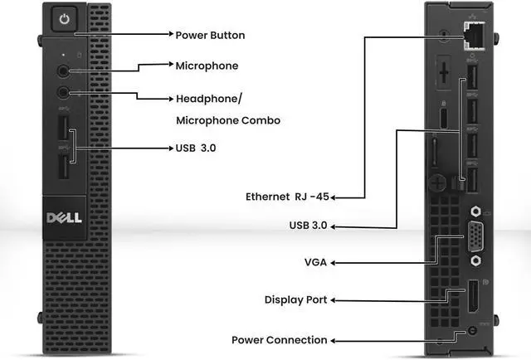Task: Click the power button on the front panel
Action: pyautogui.click(x=68, y=18)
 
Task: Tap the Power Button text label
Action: pyautogui.click(x=210, y=36)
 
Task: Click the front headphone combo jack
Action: pyautogui.click(x=65, y=94)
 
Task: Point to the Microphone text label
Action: pyautogui.click(x=207, y=66)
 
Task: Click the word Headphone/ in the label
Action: pyautogui.click(x=209, y=99)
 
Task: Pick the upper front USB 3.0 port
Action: pyautogui.click(x=65, y=133)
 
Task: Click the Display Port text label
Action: pyautogui.click(x=295, y=299)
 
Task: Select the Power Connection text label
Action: pyautogui.click(x=279, y=340)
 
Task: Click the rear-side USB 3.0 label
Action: pyautogui.click(x=311, y=226)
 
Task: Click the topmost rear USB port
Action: pyautogui.click(x=471, y=79)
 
